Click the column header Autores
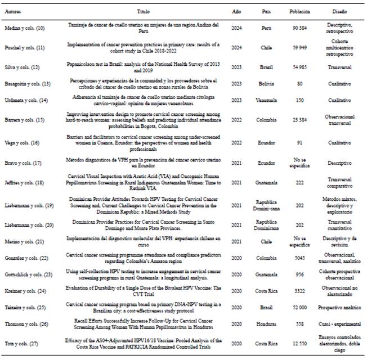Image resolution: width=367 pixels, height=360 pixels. [13, 11]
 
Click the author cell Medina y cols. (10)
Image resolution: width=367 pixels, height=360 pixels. [25, 29]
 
